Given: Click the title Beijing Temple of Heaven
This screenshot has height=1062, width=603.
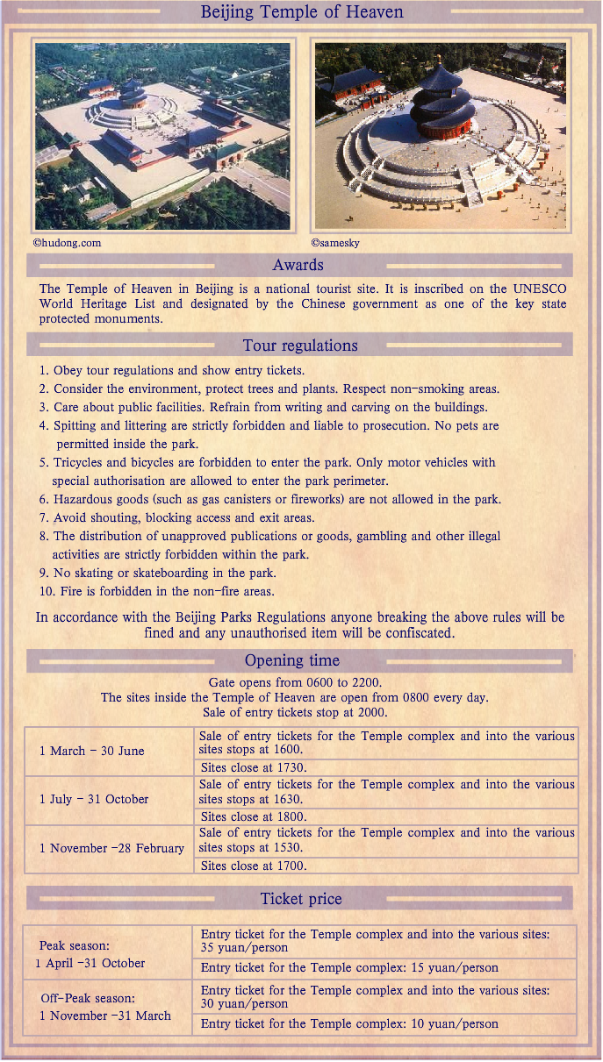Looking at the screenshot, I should pos(302,12).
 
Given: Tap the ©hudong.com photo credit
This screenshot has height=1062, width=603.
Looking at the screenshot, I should pos(67,243).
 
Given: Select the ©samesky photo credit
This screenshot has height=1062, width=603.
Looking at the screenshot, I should pos(335,243).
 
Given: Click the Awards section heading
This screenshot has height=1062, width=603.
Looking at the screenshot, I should pos(298,265).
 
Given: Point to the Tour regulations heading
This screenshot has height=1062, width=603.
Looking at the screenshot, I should pos(300,346).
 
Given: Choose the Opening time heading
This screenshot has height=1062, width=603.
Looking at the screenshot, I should pos(291,660).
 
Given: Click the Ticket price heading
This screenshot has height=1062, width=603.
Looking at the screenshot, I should pos(301,899).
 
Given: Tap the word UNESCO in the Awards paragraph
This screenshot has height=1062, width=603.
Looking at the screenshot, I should pos(540,289).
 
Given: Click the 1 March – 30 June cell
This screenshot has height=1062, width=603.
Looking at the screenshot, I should pos(91,752).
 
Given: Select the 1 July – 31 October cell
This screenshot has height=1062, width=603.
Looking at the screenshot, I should pos(94,800).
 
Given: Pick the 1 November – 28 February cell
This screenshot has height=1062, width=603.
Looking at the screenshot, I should pos(111,849).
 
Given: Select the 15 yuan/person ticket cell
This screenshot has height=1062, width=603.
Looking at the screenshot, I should pos(349,968).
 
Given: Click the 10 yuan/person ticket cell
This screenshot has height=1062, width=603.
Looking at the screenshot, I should pos(349,1023).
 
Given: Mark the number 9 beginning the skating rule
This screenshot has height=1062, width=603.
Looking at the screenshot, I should pos(42,573).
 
